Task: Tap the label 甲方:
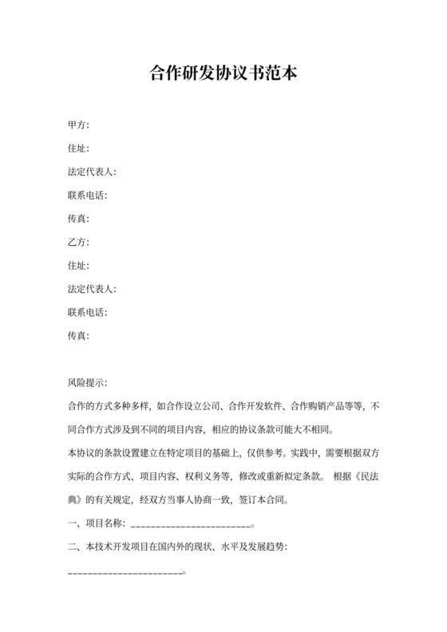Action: pos(79,125)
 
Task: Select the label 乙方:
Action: pos(79,243)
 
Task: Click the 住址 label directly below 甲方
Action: pos(79,148)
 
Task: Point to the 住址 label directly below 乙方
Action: pos(79,266)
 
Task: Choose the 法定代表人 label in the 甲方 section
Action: pos(93,172)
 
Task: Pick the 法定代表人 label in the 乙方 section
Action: pos(93,289)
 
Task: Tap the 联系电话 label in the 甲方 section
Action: pos(88,196)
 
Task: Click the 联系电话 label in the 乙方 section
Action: pos(88,313)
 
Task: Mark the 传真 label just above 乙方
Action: pos(79,219)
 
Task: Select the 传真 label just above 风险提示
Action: pos(79,336)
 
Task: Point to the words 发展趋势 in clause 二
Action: pos(264,548)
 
